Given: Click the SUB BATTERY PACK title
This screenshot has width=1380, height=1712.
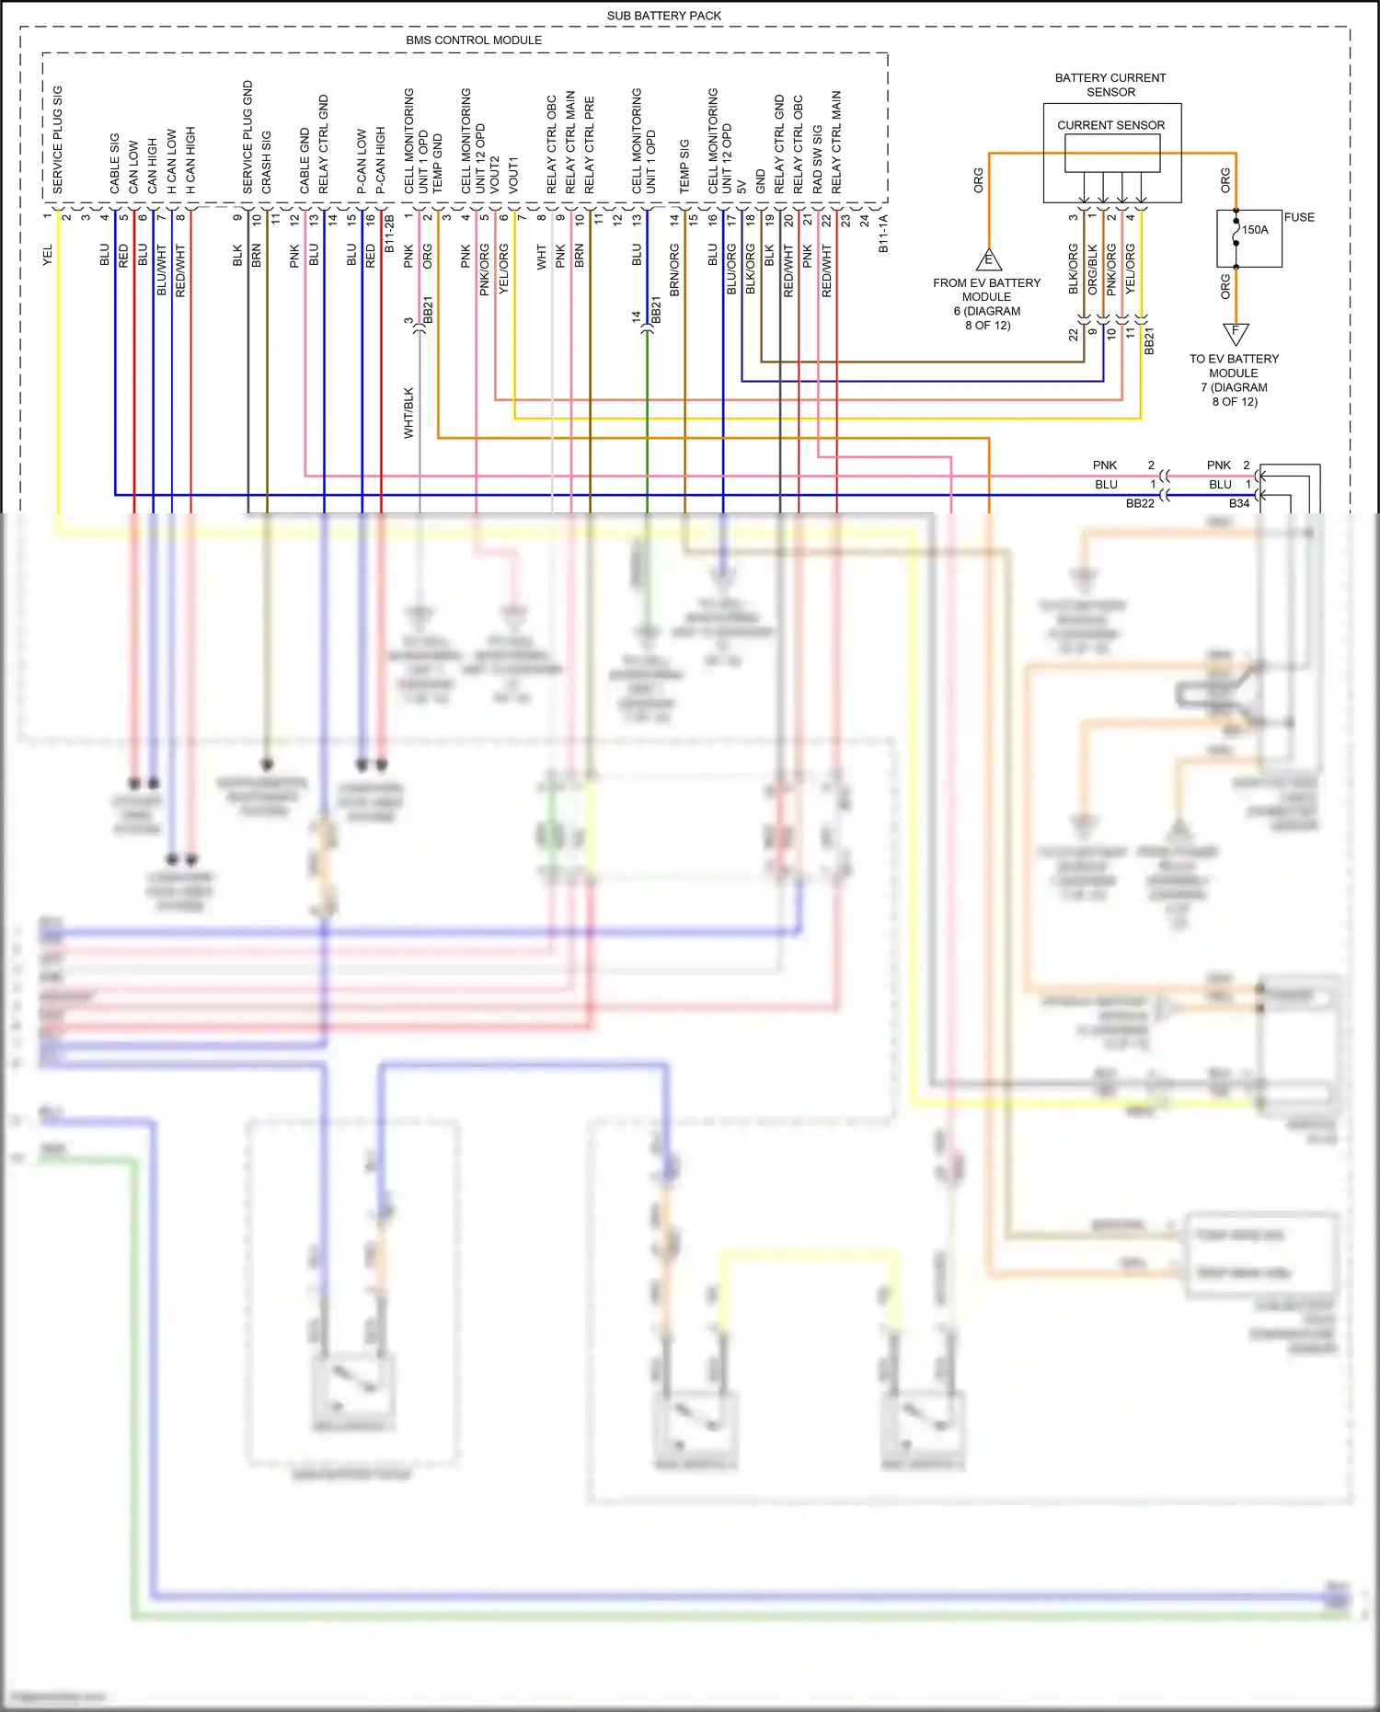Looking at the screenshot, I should click(663, 16).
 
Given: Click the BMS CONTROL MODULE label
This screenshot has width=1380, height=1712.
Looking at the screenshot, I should click(474, 40).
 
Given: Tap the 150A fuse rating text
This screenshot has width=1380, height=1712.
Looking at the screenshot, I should click(1255, 230).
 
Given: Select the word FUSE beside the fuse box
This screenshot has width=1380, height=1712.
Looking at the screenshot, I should click(1299, 218).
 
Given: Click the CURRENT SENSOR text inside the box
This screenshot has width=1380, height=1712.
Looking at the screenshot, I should click(1110, 125).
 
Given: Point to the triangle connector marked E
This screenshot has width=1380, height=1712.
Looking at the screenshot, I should click(989, 260).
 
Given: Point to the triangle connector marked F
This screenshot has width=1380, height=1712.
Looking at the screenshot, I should click(1236, 332).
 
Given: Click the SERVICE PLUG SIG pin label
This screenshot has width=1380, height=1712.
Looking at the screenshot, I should click(58, 140).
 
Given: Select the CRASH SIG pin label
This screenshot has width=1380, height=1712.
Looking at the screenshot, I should click(267, 162).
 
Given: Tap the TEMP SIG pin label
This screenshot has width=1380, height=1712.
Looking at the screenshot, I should click(684, 167).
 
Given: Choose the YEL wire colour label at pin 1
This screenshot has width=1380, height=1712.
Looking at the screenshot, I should click(48, 256).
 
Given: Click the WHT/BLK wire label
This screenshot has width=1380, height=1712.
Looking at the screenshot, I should click(409, 412).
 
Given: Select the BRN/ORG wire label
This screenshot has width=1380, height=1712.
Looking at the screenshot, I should click(674, 269).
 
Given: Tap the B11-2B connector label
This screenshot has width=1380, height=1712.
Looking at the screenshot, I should click(389, 235).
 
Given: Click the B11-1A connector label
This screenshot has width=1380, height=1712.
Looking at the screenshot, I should click(883, 235).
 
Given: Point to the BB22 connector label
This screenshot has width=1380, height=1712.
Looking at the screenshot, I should click(1140, 503).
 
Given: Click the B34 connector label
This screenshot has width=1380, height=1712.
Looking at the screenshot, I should click(1239, 503).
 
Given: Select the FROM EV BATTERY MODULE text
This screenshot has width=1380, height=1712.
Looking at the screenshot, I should click(986, 290).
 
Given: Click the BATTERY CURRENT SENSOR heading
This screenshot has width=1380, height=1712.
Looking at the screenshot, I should click(1110, 85).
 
